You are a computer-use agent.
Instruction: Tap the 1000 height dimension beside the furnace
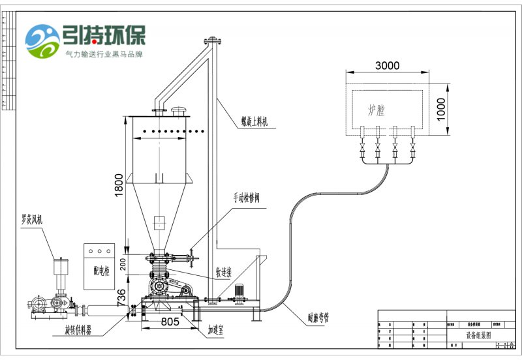point(440,110)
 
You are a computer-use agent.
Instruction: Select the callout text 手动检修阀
point(247,197)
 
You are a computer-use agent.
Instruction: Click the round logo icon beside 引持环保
point(42,40)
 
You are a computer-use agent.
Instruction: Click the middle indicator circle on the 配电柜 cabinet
point(99,251)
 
